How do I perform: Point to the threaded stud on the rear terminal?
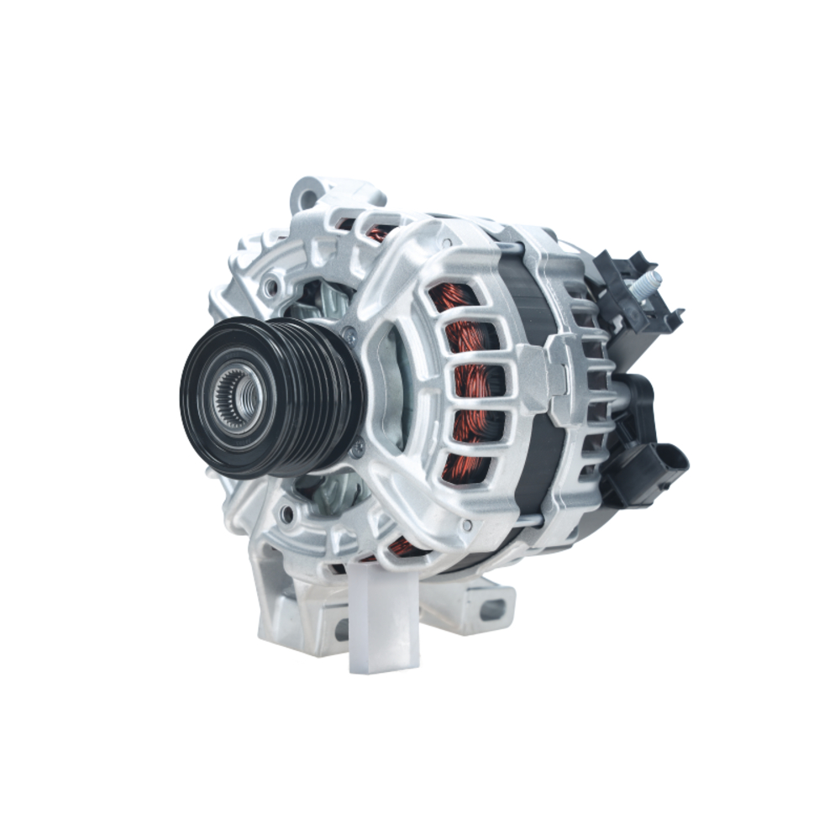[x=649, y=282]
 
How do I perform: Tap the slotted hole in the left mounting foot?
[x=341, y=628]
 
